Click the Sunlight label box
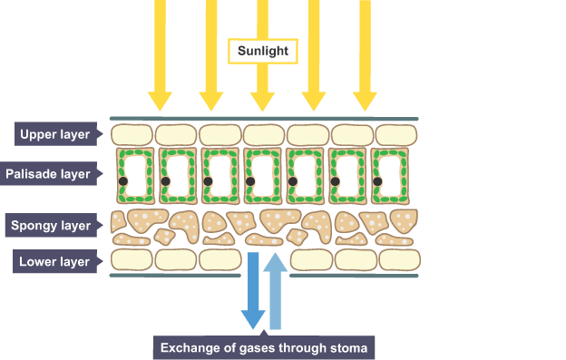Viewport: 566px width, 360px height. click(x=263, y=51)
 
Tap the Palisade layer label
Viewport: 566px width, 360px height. click(x=51, y=173)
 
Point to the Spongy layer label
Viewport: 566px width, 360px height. click(x=54, y=225)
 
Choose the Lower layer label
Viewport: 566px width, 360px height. click(x=57, y=261)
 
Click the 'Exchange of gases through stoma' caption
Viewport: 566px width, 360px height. click(x=264, y=347)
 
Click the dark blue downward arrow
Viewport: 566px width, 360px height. click(x=253, y=290)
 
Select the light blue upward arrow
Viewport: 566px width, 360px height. click(x=276, y=290)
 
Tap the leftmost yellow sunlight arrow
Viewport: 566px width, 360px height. click(x=160, y=55)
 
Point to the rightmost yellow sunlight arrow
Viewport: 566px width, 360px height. click(x=365, y=55)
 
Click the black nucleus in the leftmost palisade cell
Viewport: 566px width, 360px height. click(x=123, y=181)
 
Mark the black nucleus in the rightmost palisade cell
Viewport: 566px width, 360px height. click(x=377, y=181)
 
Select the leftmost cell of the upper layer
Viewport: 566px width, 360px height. click(x=132, y=135)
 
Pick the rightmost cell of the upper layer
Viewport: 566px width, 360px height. click(x=396, y=135)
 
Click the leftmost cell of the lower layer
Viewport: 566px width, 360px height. click(x=132, y=259)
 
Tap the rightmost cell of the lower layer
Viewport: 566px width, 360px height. click(x=400, y=259)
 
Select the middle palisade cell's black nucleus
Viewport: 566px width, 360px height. click(x=250, y=181)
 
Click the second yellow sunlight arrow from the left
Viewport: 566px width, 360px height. click(x=211, y=55)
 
